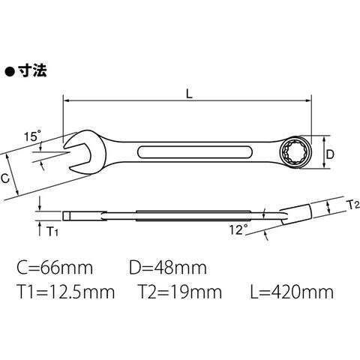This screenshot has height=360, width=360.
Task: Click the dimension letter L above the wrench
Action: [189, 94]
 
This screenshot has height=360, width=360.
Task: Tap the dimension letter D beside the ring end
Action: [330, 154]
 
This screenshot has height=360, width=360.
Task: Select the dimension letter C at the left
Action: [5, 178]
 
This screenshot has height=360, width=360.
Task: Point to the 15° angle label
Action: [32, 136]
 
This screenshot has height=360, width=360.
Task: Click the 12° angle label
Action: [238, 229]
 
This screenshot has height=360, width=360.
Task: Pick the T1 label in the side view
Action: [52, 232]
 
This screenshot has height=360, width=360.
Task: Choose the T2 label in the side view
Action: [353, 205]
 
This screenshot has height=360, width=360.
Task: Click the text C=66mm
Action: [55, 268]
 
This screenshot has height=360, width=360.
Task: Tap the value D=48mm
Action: [168, 268]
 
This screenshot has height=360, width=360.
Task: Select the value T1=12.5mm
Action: [67, 292]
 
